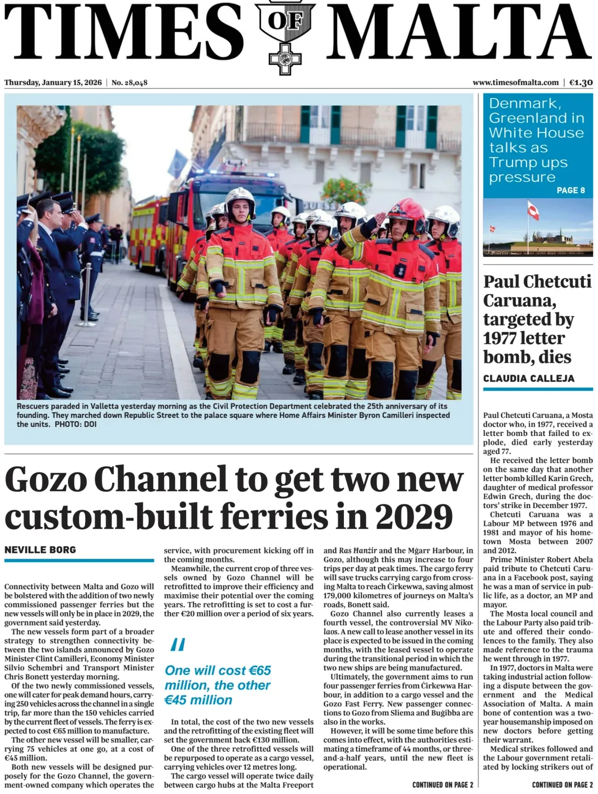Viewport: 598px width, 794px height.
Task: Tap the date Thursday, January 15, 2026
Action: (53, 83)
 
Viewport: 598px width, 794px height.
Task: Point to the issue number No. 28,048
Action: (130, 83)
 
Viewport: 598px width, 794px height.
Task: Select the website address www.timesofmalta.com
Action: (515, 83)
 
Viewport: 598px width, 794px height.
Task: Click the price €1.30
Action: (581, 83)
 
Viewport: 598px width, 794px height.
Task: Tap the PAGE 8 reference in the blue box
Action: (571, 190)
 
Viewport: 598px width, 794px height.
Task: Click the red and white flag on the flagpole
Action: (533, 211)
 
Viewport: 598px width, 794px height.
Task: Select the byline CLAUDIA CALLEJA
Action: (529, 378)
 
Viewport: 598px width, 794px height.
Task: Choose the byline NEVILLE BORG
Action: (40, 550)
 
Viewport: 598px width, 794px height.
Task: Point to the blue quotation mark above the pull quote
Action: (178, 645)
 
